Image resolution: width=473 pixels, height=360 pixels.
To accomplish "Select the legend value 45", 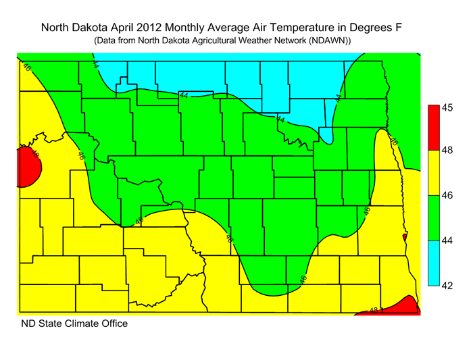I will pyautogui.click(x=447, y=107).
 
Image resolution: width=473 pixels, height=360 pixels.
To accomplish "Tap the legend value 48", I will pyautogui.click(x=447, y=151).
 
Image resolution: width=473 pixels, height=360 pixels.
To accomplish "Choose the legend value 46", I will pyautogui.click(x=447, y=195).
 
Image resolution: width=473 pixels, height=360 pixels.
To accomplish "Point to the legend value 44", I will pyautogui.click(x=447, y=240).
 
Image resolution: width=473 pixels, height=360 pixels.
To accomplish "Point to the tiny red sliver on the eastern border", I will pyautogui.click(x=404, y=238).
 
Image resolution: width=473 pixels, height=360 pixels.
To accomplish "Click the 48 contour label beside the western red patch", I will pyautogui.click(x=35, y=155).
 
